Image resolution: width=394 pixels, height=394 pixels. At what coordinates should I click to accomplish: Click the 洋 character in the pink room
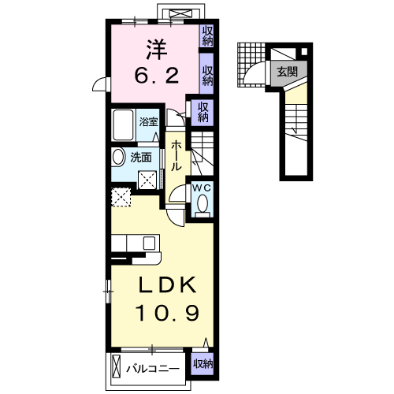(x=154, y=49)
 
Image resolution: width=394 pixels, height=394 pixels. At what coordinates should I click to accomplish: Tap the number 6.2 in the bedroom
(x=154, y=76)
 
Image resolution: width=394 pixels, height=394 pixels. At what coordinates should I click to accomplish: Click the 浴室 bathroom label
(x=150, y=122)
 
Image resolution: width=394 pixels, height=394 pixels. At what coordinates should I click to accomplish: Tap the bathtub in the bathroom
(x=125, y=125)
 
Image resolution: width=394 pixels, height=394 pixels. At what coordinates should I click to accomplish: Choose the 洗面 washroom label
(x=142, y=157)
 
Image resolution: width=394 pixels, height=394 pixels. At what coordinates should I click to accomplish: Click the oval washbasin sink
(x=118, y=157)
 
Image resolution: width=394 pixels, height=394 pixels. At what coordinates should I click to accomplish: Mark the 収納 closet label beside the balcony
(x=203, y=364)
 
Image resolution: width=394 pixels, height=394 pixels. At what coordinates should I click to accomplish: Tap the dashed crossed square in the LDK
(x=121, y=196)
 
